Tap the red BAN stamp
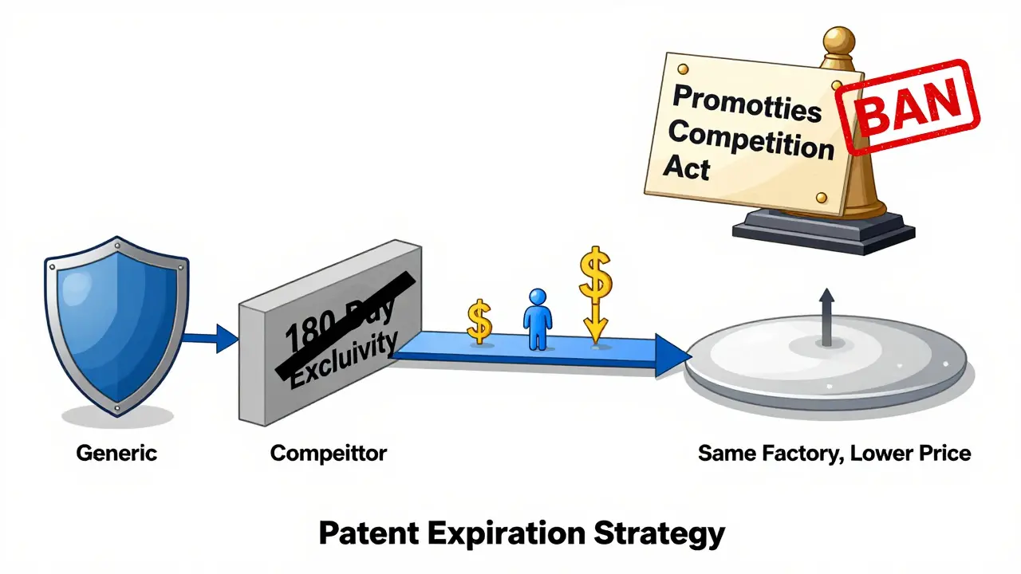910,108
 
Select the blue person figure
537,319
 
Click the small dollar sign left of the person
479,320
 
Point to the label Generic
116,454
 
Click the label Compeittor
329,454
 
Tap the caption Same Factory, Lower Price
834,454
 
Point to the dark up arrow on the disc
826,316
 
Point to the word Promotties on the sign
747,104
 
